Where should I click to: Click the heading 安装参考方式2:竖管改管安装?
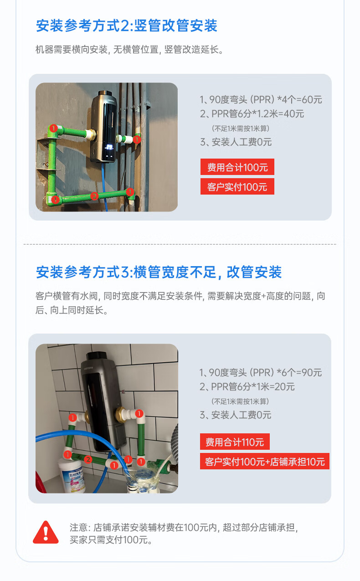point(127,26)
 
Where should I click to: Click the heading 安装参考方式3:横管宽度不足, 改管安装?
point(159,272)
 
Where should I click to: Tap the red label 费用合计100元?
point(237,167)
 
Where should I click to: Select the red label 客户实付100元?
point(237,186)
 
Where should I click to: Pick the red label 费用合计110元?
point(235,442)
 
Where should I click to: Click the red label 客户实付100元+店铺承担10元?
point(265,462)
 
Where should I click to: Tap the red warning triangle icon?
point(46,532)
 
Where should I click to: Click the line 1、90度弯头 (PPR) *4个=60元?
point(261,100)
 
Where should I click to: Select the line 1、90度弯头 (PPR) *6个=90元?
point(260,372)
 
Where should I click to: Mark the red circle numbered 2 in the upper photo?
point(94,196)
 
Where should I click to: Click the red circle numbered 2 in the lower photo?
point(88,460)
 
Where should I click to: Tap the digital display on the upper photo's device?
point(109,148)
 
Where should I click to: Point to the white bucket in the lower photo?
point(72,476)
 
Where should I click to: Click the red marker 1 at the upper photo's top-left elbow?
point(53,128)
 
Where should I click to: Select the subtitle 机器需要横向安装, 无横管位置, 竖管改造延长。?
point(129,49)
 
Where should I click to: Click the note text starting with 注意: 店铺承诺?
point(184,534)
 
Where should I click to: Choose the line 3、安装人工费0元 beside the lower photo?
point(235,415)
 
